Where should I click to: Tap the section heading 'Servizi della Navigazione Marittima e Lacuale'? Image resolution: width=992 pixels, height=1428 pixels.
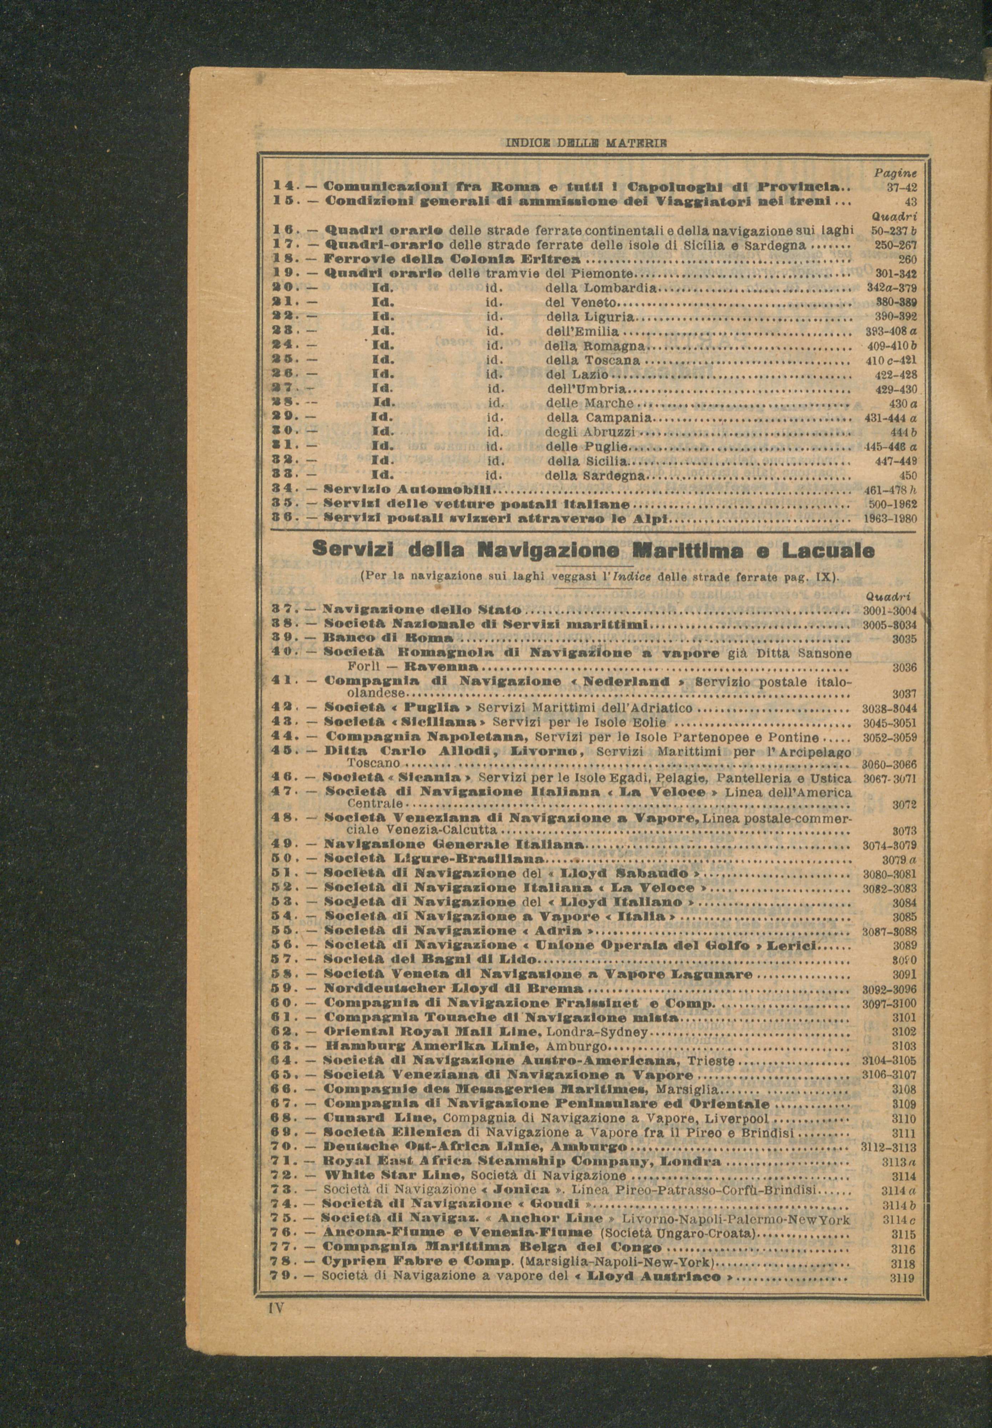[594, 550]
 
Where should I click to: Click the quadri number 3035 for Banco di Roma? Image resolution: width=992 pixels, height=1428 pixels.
[904, 638]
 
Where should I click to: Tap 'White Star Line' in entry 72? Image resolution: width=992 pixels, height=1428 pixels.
[393, 1176]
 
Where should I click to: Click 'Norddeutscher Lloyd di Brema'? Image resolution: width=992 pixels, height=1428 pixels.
[454, 987]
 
